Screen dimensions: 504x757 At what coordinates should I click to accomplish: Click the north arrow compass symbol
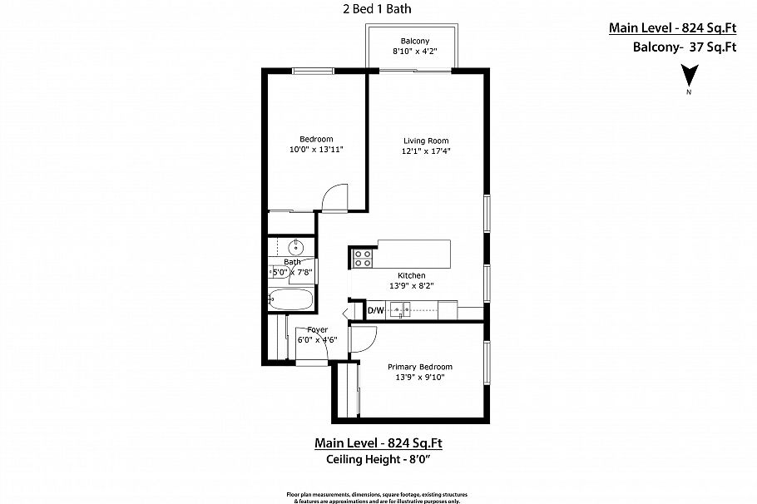coord(688,78)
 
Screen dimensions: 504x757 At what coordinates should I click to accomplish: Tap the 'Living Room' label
coord(426,141)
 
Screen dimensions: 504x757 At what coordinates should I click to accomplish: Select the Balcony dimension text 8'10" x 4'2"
coord(414,52)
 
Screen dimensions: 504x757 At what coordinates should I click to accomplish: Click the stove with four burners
coord(363,259)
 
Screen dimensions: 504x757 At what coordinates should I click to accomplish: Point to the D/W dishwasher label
coord(376,311)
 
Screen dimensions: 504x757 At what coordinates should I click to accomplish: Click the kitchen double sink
coord(403,311)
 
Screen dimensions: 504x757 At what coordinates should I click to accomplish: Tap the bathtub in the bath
coord(291,300)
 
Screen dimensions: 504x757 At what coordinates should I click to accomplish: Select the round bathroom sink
coord(296,247)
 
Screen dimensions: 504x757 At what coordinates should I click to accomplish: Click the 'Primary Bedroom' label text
coord(420,367)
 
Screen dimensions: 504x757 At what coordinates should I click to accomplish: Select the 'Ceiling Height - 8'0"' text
coord(384,459)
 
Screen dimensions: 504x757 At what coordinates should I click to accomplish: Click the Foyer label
coord(317,329)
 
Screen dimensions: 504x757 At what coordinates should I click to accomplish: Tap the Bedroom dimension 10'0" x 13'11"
coord(316,149)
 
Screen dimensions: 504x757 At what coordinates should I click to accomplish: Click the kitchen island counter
coord(414,254)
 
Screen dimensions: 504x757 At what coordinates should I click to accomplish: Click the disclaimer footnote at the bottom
coord(378,496)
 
